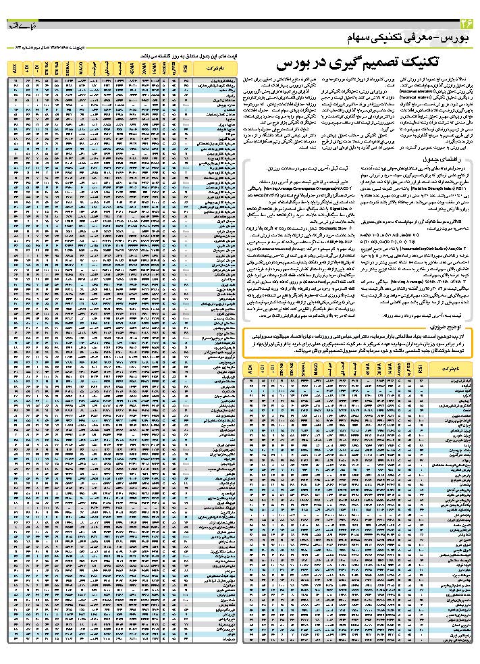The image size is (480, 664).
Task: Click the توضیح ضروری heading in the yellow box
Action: [450, 326]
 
